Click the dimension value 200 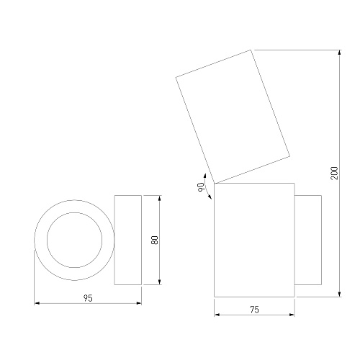click(334, 173)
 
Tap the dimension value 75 click(254, 310)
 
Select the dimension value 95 click(88, 298)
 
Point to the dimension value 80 click(155, 240)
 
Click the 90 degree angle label click(200, 187)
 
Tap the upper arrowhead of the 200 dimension click(339, 53)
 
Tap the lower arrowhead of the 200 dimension click(339, 294)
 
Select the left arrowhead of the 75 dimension click(217, 315)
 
